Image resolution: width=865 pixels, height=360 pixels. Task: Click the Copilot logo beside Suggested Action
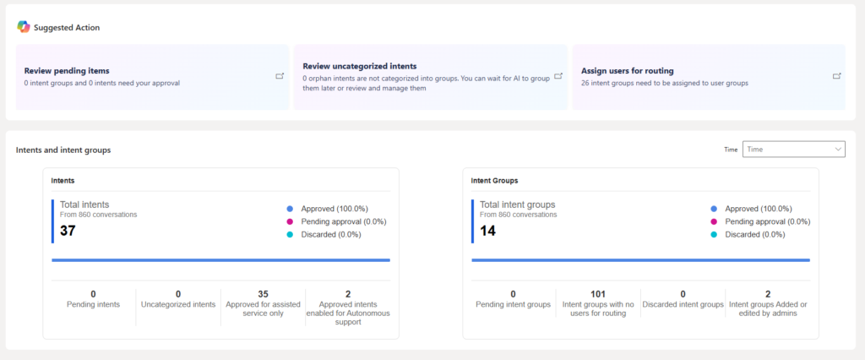point(23,26)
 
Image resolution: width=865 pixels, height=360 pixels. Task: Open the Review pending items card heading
point(67,71)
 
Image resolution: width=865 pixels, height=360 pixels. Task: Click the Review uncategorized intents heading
point(360,66)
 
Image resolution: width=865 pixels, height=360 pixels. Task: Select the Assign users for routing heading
point(628,71)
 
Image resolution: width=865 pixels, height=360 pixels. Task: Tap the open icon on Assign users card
point(837,76)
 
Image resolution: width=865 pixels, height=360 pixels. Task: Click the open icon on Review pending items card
point(280,76)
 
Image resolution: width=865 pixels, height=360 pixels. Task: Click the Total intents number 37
point(68,231)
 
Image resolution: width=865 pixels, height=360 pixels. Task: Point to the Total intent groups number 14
point(487,231)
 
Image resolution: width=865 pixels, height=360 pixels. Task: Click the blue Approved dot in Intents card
point(290,209)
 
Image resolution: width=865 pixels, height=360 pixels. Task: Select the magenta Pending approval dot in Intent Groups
point(714,221)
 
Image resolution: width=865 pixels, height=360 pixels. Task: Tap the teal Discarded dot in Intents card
point(290,234)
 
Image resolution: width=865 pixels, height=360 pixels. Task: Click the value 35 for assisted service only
point(263,294)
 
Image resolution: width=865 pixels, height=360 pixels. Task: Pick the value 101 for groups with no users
point(598,294)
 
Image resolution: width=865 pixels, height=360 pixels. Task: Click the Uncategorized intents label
point(178,304)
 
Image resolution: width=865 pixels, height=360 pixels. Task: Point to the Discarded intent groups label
point(683,304)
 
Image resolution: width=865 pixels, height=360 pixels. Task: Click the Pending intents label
point(93,304)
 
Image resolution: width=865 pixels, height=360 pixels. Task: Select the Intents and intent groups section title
point(63,150)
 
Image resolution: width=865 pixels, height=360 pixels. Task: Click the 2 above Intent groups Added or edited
point(768,294)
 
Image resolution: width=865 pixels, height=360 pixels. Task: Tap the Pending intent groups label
point(513,304)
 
